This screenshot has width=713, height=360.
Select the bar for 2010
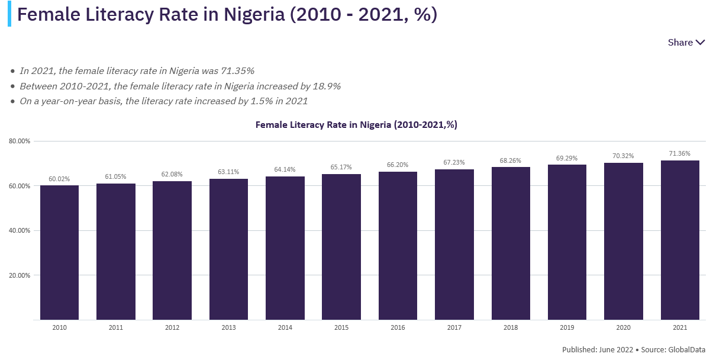click(x=59, y=252)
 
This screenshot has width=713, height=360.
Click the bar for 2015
click(x=341, y=246)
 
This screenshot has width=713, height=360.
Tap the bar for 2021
click(x=680, y=240)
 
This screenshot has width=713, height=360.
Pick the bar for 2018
click(x=511, y=243)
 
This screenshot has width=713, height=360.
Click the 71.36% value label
click(x=680, y=154)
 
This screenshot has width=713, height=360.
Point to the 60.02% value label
click(x=59, y=179)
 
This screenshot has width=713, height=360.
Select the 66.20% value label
click(x=398, y=165)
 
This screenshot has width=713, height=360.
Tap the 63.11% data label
click(x=228, y=172)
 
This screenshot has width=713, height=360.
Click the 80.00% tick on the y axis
click(x=20, y=142)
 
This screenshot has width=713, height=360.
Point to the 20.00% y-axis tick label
click(x=20, y=275)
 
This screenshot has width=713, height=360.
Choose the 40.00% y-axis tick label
click(x=20, y=231)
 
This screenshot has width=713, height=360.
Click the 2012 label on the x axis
click(x=172, y=327)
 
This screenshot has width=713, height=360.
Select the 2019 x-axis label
click(x=567, y=327)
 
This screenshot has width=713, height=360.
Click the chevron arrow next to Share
click(x=701, y=43)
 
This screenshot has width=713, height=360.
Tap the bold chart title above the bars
click(x=356, y=125)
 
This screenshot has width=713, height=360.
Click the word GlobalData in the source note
click(x=686, y=349)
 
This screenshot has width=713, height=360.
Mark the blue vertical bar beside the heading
click(x=9, y=14)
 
